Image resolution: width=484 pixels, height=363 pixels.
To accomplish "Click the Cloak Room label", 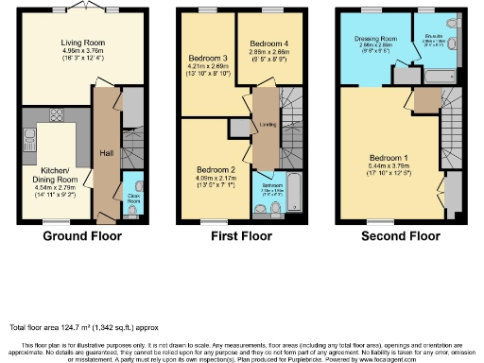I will coord(133,201).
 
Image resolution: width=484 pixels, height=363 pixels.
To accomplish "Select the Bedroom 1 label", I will coord(389,156).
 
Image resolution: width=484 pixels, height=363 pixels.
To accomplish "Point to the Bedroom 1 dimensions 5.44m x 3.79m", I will coord(389,164).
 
